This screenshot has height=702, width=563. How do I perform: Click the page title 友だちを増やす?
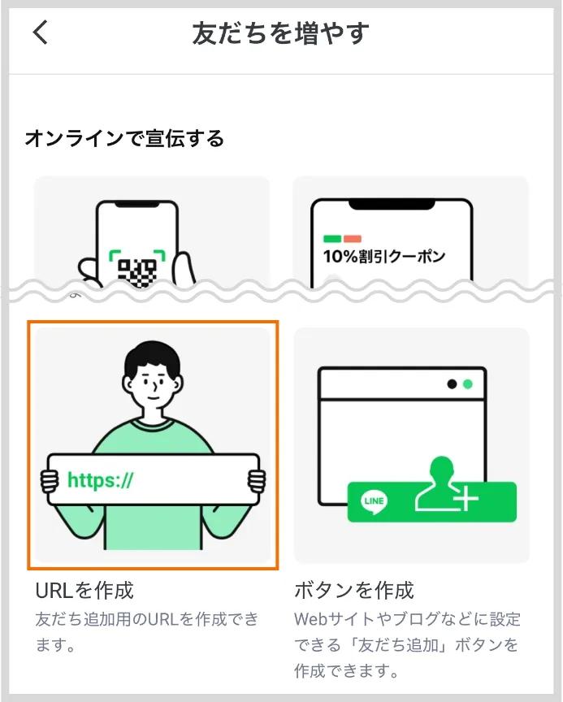tap(281, 33)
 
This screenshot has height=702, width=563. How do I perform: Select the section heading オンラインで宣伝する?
tap(124, 138)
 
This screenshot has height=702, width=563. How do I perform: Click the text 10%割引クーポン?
tap(384, 257)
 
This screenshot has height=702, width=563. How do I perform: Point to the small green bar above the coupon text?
tap(331, 239)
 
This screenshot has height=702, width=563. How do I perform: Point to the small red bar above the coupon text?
tap(352, 239)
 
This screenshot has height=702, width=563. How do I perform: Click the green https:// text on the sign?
tap(100, 480)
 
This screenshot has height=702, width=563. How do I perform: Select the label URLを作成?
tap(84, 590)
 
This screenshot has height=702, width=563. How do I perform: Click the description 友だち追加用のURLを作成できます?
tap(146, 619)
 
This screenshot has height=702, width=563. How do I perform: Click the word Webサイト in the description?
tap(329, 620)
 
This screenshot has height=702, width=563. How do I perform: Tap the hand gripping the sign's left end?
tap(48, 480)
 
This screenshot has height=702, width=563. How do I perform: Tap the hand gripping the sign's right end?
tap(257, 480)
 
